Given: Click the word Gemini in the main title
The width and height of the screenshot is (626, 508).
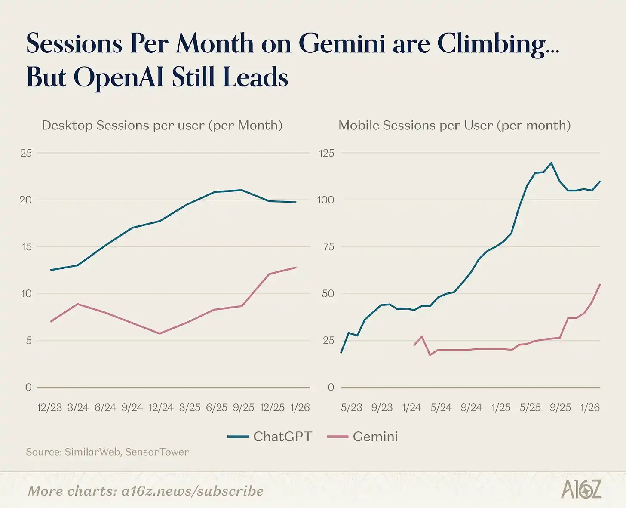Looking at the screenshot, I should tap(341, 44).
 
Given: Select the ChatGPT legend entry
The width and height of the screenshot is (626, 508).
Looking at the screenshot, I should tap(270, 437).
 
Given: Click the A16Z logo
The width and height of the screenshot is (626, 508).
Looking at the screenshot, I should tap(581, 490).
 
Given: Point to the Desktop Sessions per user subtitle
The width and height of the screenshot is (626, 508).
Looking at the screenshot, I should tap(162, 126).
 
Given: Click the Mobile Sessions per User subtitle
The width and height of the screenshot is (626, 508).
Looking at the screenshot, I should tap(454, 126).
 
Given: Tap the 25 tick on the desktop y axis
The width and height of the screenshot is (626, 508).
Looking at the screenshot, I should tap(26, 153).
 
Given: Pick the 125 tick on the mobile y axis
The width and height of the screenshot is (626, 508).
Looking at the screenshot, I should tap(326, 153).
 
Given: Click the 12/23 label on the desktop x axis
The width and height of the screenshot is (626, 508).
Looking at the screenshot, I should tap(49, 408).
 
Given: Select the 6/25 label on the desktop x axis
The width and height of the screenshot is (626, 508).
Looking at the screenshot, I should tap(217, 408).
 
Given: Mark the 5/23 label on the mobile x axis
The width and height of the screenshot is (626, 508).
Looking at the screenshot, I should tap(352, 408).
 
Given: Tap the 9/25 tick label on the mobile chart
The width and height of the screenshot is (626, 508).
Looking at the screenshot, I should tap(560, 408).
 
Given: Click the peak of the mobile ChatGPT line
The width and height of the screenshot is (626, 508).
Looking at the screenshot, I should tap(551, 163).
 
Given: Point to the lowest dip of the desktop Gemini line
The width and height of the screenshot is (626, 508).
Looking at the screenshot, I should tap(160, 333).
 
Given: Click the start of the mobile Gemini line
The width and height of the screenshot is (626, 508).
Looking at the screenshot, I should tap(414, 345).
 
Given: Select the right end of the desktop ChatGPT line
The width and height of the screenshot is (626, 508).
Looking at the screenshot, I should tap(296, 202).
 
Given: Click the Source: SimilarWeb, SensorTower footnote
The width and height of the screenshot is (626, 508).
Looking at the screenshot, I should tap(107, 452).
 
